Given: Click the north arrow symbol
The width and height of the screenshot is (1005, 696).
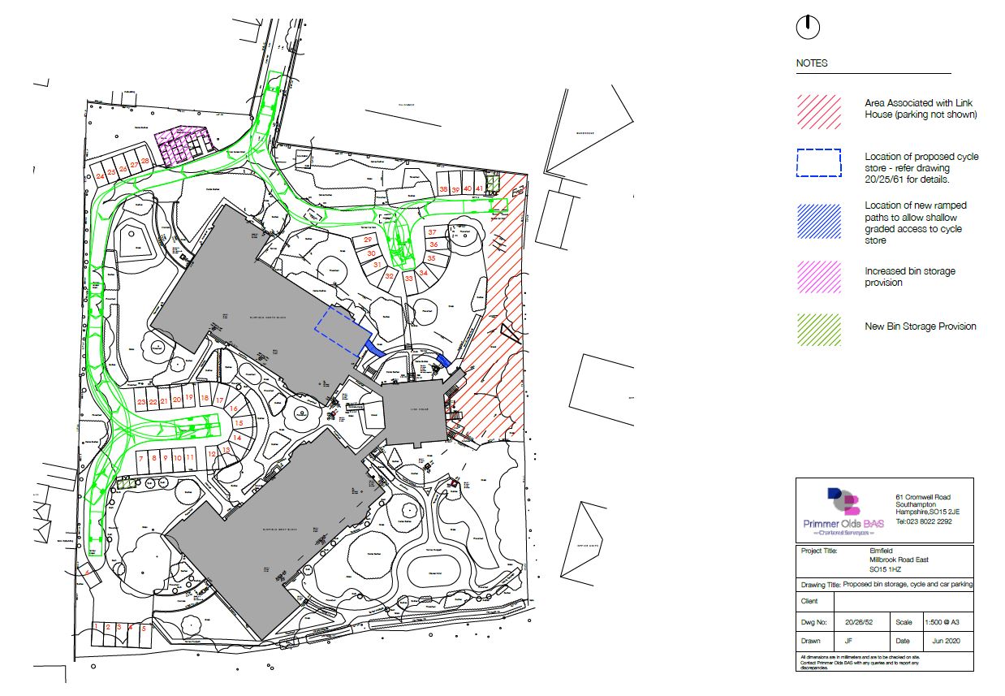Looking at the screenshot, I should (x=808, y=28).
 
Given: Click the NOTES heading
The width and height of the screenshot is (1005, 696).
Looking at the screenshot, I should (x=812, y=63).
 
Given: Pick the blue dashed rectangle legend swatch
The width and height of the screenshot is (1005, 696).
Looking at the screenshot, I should (x=819, y=164).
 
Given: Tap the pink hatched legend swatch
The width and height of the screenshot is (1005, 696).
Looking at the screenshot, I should (x=819, y=276).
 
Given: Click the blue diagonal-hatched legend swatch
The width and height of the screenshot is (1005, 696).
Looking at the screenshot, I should (x=819, y=222).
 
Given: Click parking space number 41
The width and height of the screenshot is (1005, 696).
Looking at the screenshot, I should (x=480, y=188).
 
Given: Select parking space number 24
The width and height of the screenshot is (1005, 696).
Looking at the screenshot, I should (x=100, y=175).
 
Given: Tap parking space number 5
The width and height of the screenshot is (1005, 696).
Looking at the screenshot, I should (x=144, y=628).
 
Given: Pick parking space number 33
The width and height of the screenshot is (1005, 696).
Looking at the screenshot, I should (x=408, y=278).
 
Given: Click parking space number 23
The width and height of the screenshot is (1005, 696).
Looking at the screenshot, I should (x=141, y=402).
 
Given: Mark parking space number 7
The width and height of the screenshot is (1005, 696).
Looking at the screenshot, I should (x=141, y=459).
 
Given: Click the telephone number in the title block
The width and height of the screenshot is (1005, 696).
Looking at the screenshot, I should (x=923, y=521).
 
